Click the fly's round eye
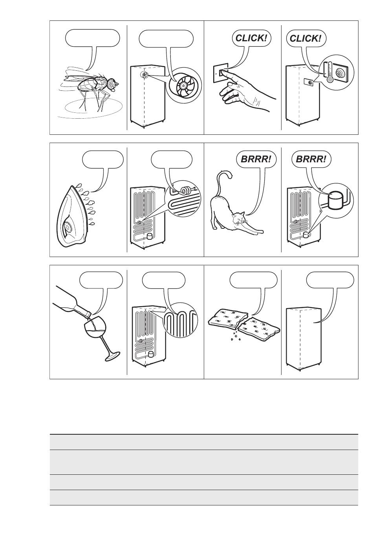tap(111, 84)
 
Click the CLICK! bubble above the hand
tap(251, 38)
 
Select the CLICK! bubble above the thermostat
tap(306, 38)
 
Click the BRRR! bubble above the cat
tap(256, 159)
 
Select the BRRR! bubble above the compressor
tap(311, 159)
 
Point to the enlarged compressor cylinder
tap(336, 200)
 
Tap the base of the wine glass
tap(113, 356)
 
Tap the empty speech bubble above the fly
tap(93, 39)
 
